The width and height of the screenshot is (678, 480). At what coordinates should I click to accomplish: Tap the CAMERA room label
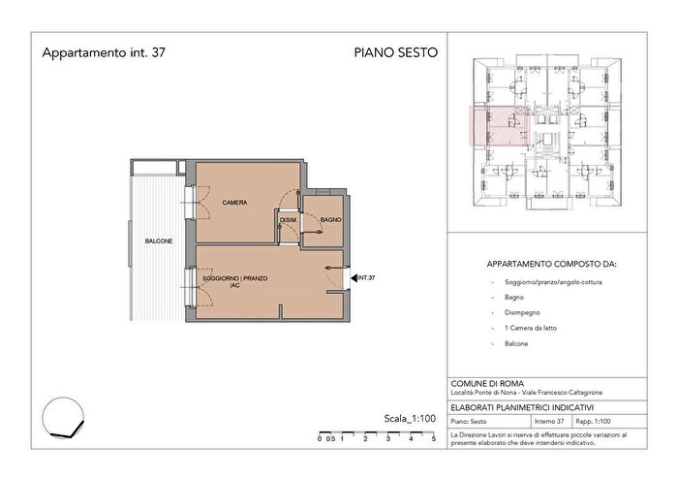(233, 203)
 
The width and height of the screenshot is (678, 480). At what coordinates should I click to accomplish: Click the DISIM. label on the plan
(288, 221)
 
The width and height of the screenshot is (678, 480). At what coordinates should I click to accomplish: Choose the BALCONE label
(159, 240)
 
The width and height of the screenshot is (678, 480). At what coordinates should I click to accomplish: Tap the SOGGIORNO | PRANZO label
(234, 278)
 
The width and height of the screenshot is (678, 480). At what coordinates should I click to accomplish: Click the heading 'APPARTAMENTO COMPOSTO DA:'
(553, 264)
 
